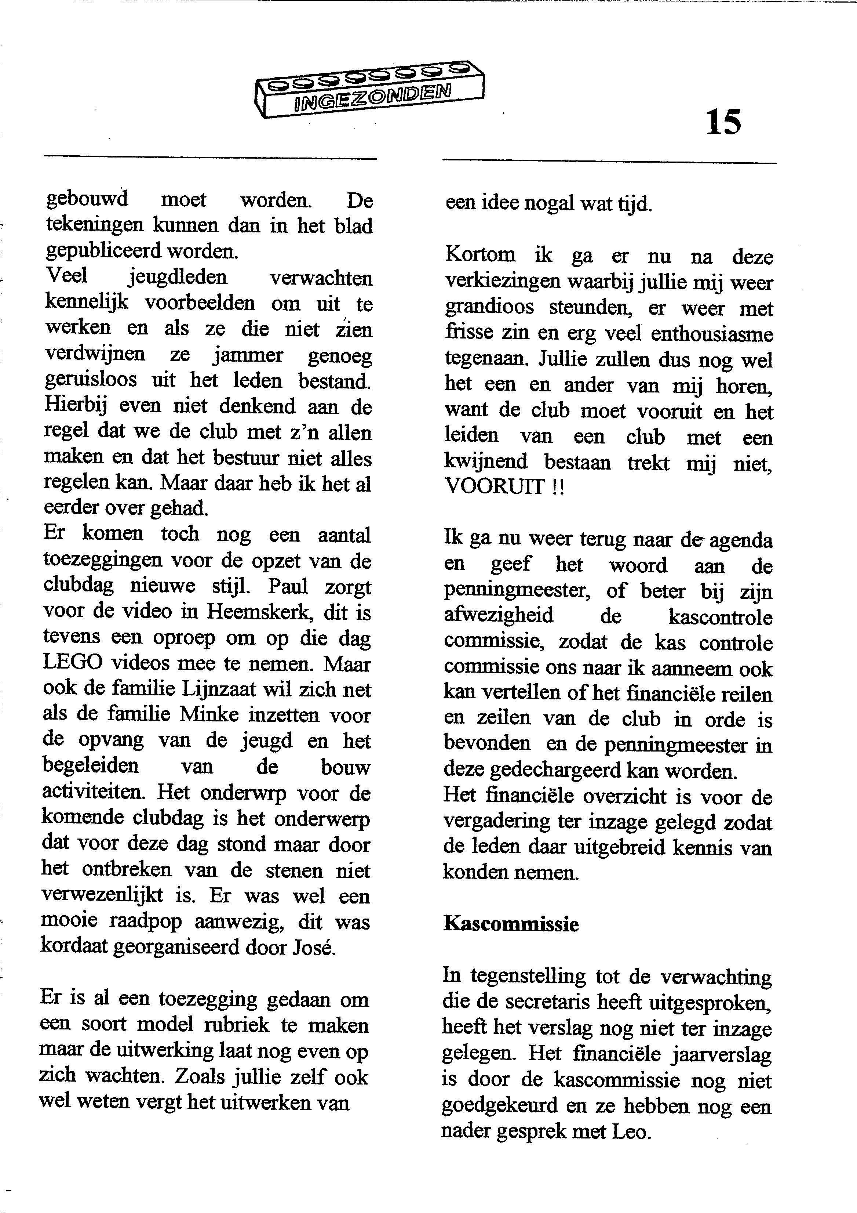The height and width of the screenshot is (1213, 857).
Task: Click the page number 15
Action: tap(723, 123)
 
